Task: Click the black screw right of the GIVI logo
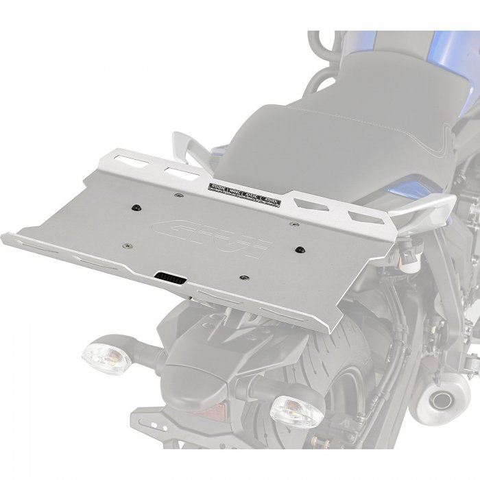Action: (x=300, y=250)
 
